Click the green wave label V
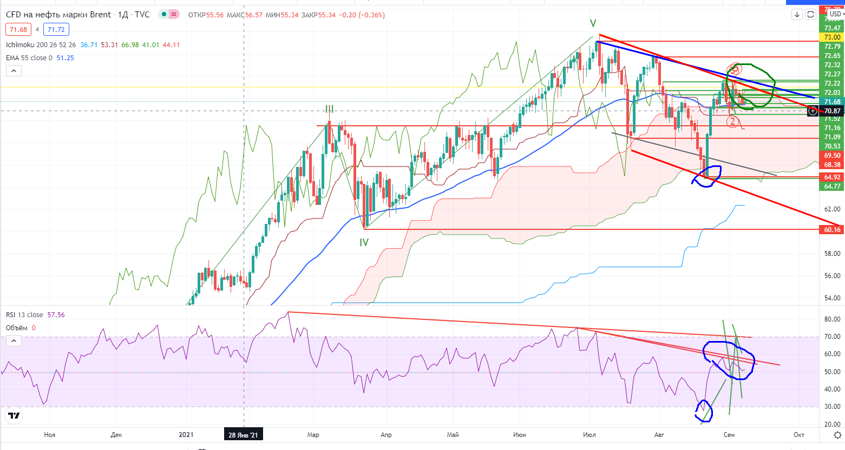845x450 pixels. [593, 23]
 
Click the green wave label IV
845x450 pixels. [364, 242]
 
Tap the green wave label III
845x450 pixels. [329, 109]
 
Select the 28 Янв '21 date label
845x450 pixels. [243, 435]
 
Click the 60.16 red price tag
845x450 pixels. [832, 230]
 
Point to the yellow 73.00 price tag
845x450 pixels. [832, 37]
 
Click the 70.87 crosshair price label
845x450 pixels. [832, 111]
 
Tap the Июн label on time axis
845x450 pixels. [519, 435]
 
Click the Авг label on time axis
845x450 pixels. [659, 435]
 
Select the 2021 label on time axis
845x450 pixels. [186, 435]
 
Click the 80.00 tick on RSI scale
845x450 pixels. [832, 319]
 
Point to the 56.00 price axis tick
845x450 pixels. [832, 276]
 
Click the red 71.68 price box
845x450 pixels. [18, 30]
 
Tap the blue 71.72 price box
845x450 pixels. [56, 30]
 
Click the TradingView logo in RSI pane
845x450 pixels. [14, 416]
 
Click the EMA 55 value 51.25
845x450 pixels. [65, 58]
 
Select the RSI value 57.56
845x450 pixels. [56, 315]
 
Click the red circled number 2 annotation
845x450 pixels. [732, 121]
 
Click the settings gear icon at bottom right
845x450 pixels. [837, 435]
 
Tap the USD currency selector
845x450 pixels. [835, 14]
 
